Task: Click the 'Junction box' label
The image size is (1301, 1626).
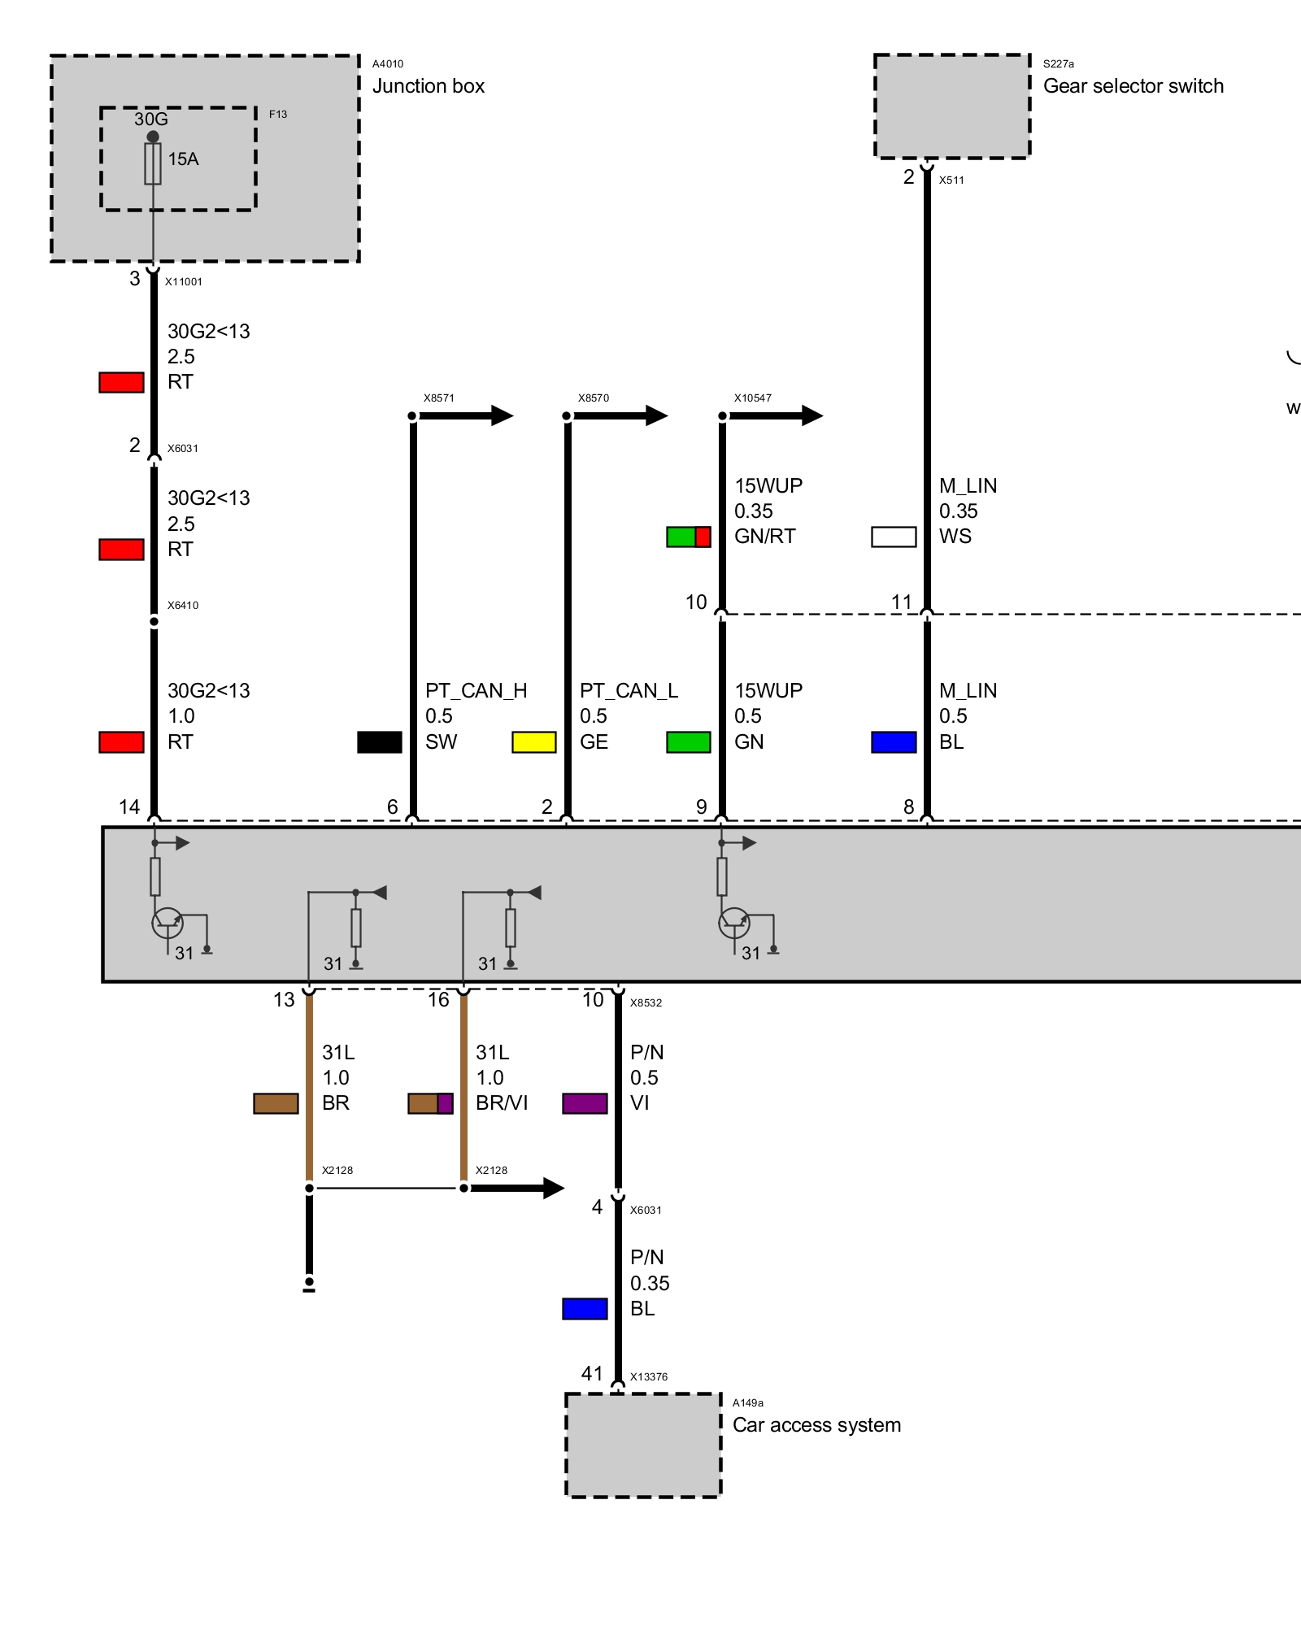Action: [x=428, y=86]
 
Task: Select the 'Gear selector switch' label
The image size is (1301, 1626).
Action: [x=1133, y=86]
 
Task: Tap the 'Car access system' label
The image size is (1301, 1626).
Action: [x=816, y=1425]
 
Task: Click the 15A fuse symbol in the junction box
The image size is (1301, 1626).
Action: [x=153, y=163]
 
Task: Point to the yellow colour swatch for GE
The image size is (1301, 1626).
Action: [x=534, y=742]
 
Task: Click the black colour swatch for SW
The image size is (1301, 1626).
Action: [x=380, y=742]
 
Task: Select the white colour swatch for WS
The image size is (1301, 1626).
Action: [x=894, y=537]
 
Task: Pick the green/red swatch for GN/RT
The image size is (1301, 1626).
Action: [x=689, y=537]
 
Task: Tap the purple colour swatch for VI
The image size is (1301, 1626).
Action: [x=585, y=1103]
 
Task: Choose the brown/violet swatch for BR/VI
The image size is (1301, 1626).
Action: [x=431, y=1103]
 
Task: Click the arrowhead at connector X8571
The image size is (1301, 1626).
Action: [x=503, y=416]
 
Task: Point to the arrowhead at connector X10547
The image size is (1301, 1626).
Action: [x=812, y=416]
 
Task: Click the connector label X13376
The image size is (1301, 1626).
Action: [x=649, y=1377]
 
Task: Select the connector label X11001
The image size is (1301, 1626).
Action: [x=184, y=282]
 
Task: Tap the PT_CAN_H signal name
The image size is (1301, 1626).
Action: [x=476, y=691]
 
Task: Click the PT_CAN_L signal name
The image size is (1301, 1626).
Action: [x=629, y=691]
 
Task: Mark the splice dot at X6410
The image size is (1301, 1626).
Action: [x=154, y=622]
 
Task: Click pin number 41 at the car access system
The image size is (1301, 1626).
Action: [x=592, y=1374]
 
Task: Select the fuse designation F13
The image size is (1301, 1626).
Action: [x=278, y=115]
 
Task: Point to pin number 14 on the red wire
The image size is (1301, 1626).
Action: [x=129, y=807]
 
